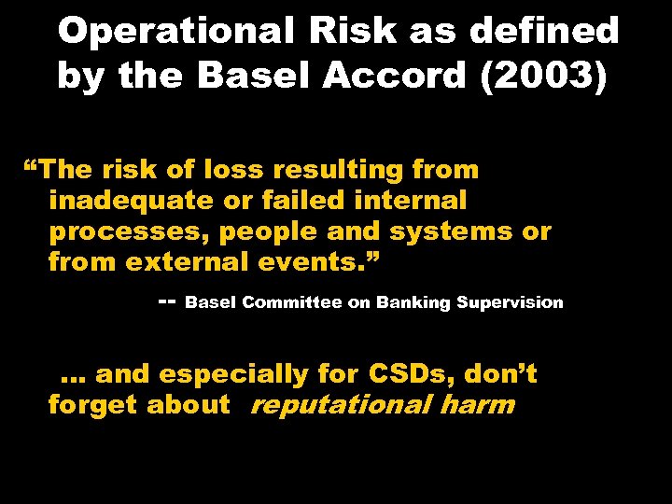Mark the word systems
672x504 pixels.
pos(454,231)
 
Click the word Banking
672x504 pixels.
pos(417,302)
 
